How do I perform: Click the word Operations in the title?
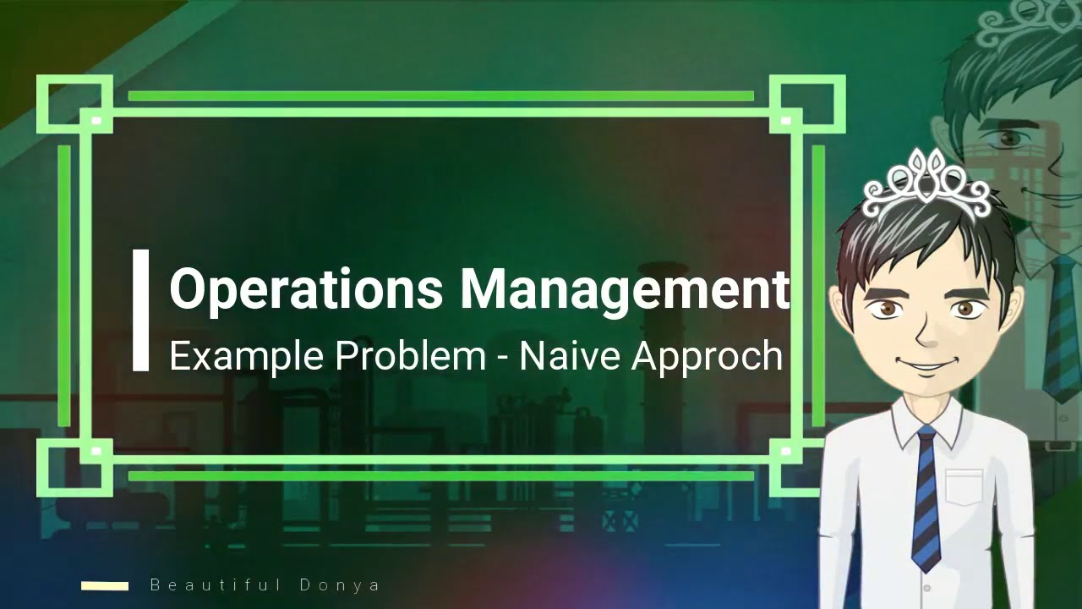pos(306,289)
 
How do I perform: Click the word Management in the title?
pos(624,289)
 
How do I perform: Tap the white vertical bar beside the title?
pos(140,310)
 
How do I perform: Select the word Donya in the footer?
pos(340,585)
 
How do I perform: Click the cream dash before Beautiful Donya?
pos(105,585)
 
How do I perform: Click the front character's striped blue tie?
pos(926,499)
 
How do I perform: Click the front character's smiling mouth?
pos(928,365)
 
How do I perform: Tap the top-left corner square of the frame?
pos(74,104)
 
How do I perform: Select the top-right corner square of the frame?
pos(807,104)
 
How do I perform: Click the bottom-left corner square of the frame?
pos(74,468)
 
